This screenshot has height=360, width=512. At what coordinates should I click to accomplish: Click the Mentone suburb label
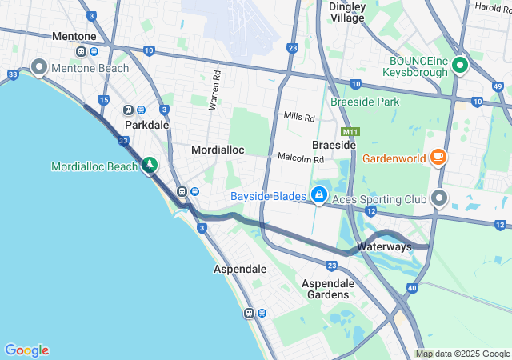(x=74, y=37)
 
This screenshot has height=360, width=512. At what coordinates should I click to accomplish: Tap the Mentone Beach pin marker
(x=38, y=66)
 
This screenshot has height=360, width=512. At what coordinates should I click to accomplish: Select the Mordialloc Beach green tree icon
(x=149, y=165)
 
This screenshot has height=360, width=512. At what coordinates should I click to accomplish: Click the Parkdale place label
(x=146, y=126)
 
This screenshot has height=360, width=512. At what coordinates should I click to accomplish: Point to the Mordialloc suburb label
(x=217, y=150)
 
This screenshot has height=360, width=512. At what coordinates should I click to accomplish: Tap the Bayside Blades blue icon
(x=319, y=194)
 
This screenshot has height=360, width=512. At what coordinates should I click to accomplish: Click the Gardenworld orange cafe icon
(x=438, y=157)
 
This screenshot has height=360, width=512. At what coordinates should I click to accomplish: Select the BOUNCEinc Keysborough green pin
(x=459, y=65)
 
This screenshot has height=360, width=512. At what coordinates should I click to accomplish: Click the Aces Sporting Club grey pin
(x=438, y=197)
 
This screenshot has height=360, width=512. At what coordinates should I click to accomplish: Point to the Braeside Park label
(x=366, y=102)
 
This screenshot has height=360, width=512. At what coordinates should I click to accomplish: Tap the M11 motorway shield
(x=350, y=131)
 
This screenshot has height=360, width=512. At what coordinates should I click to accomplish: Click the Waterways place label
(x=384, y=246)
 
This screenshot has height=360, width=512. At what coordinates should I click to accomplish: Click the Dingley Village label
(x=347, y=12)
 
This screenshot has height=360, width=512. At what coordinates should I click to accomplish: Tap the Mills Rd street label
(x=299, y=117)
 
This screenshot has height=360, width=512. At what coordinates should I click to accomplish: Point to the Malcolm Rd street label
(x=300, y=159)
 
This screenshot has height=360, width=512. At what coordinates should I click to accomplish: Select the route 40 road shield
(x=411, y=288)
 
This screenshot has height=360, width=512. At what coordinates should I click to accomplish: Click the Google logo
(x=26, y=350)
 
